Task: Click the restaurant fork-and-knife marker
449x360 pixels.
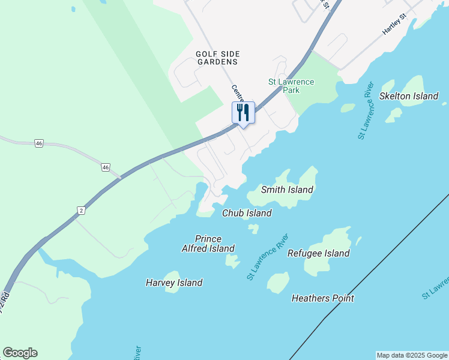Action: [243, 112]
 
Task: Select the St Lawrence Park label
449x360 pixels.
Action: [291, 86]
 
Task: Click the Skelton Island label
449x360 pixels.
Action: [409, 96]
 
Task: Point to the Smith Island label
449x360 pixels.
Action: [287, 190]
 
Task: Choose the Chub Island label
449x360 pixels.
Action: [247, 213]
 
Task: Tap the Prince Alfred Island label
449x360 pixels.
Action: [208, 244]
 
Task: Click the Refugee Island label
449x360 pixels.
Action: [318, 253]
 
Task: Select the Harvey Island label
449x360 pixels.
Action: [174, 283]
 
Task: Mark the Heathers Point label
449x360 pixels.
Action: [322, 298]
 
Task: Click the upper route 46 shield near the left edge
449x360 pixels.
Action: [39, 143]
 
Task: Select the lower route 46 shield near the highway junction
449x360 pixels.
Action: [106, 167]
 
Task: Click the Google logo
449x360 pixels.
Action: [20, 353]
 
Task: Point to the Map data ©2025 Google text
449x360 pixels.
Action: [412, 355]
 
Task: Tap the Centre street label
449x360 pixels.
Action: [238, 93]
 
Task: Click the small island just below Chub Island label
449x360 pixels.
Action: [254, 229]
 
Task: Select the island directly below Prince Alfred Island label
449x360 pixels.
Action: [232, 260]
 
